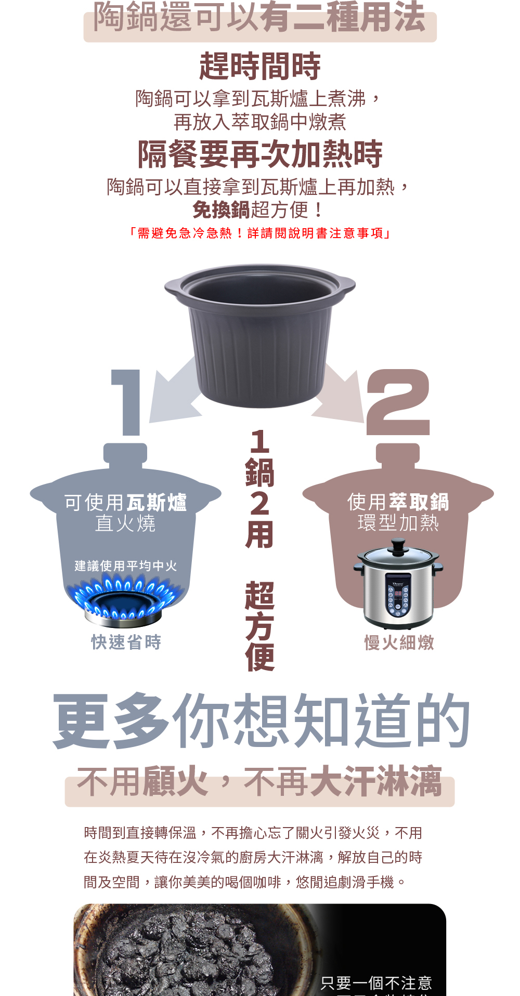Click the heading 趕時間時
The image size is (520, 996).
point(260,67)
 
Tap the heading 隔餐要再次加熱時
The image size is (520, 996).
point(260,154)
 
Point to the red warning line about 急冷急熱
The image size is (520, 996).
point(260,233)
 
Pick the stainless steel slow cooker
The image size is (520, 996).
point(398,585)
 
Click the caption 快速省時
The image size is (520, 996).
point(126,643)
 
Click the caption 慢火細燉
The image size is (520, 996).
point(399,643)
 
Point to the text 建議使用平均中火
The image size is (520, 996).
point(126,566)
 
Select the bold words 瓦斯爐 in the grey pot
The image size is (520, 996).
point(157,503)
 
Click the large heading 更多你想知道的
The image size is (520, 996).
point(262,721)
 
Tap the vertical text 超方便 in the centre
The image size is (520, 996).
point(259,626)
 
